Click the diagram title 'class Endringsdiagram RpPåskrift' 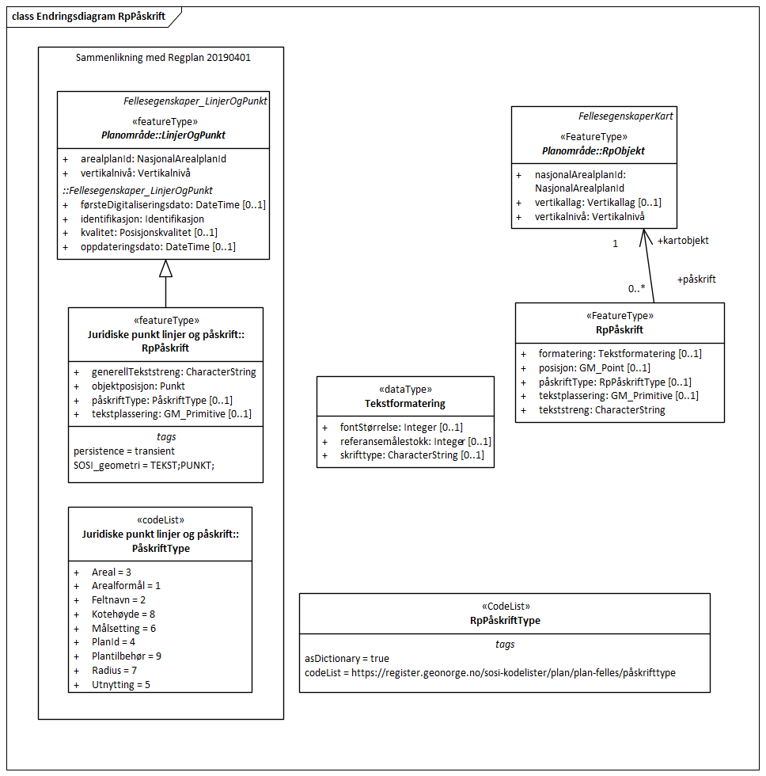[89, 17]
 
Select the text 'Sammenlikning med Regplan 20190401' [164, 58]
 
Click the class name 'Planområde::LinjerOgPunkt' [163, 135]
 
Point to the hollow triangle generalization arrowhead [165, 268]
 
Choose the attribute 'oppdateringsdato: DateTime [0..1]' [158, 246]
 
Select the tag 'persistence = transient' [119, 451]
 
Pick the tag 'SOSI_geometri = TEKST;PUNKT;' [144, 465]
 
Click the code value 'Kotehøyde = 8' [123, 614]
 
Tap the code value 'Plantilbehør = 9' [127, 656]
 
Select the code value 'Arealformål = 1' [126, 585]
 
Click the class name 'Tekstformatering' [405, 403]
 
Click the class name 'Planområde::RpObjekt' [593, 150]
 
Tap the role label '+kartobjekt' [683, 240]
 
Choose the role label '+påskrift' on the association [696, 280]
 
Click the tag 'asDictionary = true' [347, 658]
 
